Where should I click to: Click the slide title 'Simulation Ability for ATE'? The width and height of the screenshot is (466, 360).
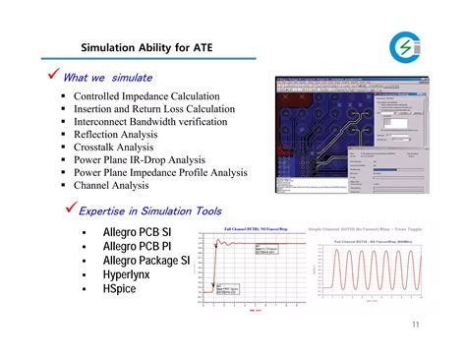click(x=146, y=46)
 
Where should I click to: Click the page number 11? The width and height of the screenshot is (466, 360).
click(x=416, y=326)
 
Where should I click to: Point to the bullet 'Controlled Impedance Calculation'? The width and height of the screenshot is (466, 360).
click(x=153, y=96)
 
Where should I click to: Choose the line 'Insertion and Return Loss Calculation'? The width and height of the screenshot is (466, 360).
click(x=161, y=109)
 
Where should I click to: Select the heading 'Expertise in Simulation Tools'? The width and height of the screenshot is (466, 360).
click(x=149, y=210)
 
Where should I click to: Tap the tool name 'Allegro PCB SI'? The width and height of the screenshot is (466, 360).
click(x=137, y=232)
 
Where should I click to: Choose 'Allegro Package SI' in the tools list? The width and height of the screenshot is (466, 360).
click(x=146, y=261)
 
